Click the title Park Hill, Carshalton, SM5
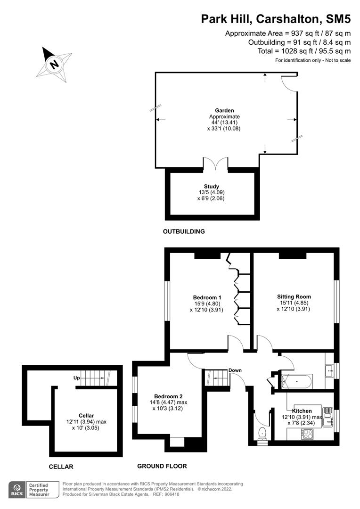coord(276,18)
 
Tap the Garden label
coord(224,111)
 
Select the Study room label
coord(211,186)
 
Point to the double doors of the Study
coord(216,164)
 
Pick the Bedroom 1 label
coord(207,297)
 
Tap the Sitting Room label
coord(294,296)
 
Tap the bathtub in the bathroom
coord(295,380)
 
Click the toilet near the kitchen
coord(262,432)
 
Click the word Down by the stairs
coord(235,370)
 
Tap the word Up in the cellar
coord(76,378)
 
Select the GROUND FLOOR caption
coord(162,466)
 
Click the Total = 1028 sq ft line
coord(304,51)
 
